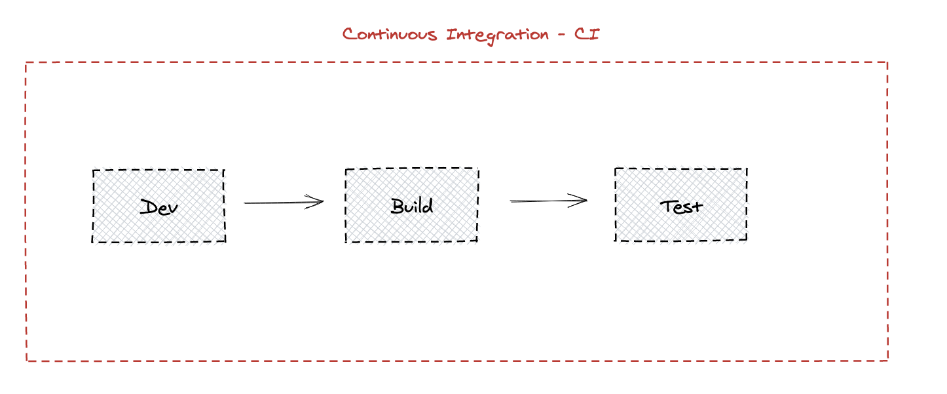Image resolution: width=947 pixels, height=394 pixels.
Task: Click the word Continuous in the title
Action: (x=390, y=34)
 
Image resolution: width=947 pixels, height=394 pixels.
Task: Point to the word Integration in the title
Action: (x=498, y=34)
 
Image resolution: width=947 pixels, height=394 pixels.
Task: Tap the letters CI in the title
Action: (x=587, y=34)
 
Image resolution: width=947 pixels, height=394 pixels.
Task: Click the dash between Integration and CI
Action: (x=561, y=35)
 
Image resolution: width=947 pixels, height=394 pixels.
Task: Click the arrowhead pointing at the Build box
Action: (x=320, y=202)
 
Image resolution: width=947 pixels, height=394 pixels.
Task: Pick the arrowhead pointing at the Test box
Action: (x=583, y=200)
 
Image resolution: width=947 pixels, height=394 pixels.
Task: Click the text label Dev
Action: (x=159, y=207)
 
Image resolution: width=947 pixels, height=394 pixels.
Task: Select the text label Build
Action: (x=412, y=206)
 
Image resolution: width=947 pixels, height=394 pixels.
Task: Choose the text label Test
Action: (x=681, y=206)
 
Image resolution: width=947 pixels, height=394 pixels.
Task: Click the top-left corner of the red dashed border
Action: (x=26, y=63)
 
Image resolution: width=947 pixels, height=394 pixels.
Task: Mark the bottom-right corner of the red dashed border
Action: (x=887, y=359)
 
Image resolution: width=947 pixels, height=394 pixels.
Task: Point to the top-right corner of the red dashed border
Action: (x=887, y=63)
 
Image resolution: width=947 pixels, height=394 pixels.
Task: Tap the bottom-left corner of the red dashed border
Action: (x=27, y=361)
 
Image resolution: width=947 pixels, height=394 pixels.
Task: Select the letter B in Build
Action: (x=398, y=206)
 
